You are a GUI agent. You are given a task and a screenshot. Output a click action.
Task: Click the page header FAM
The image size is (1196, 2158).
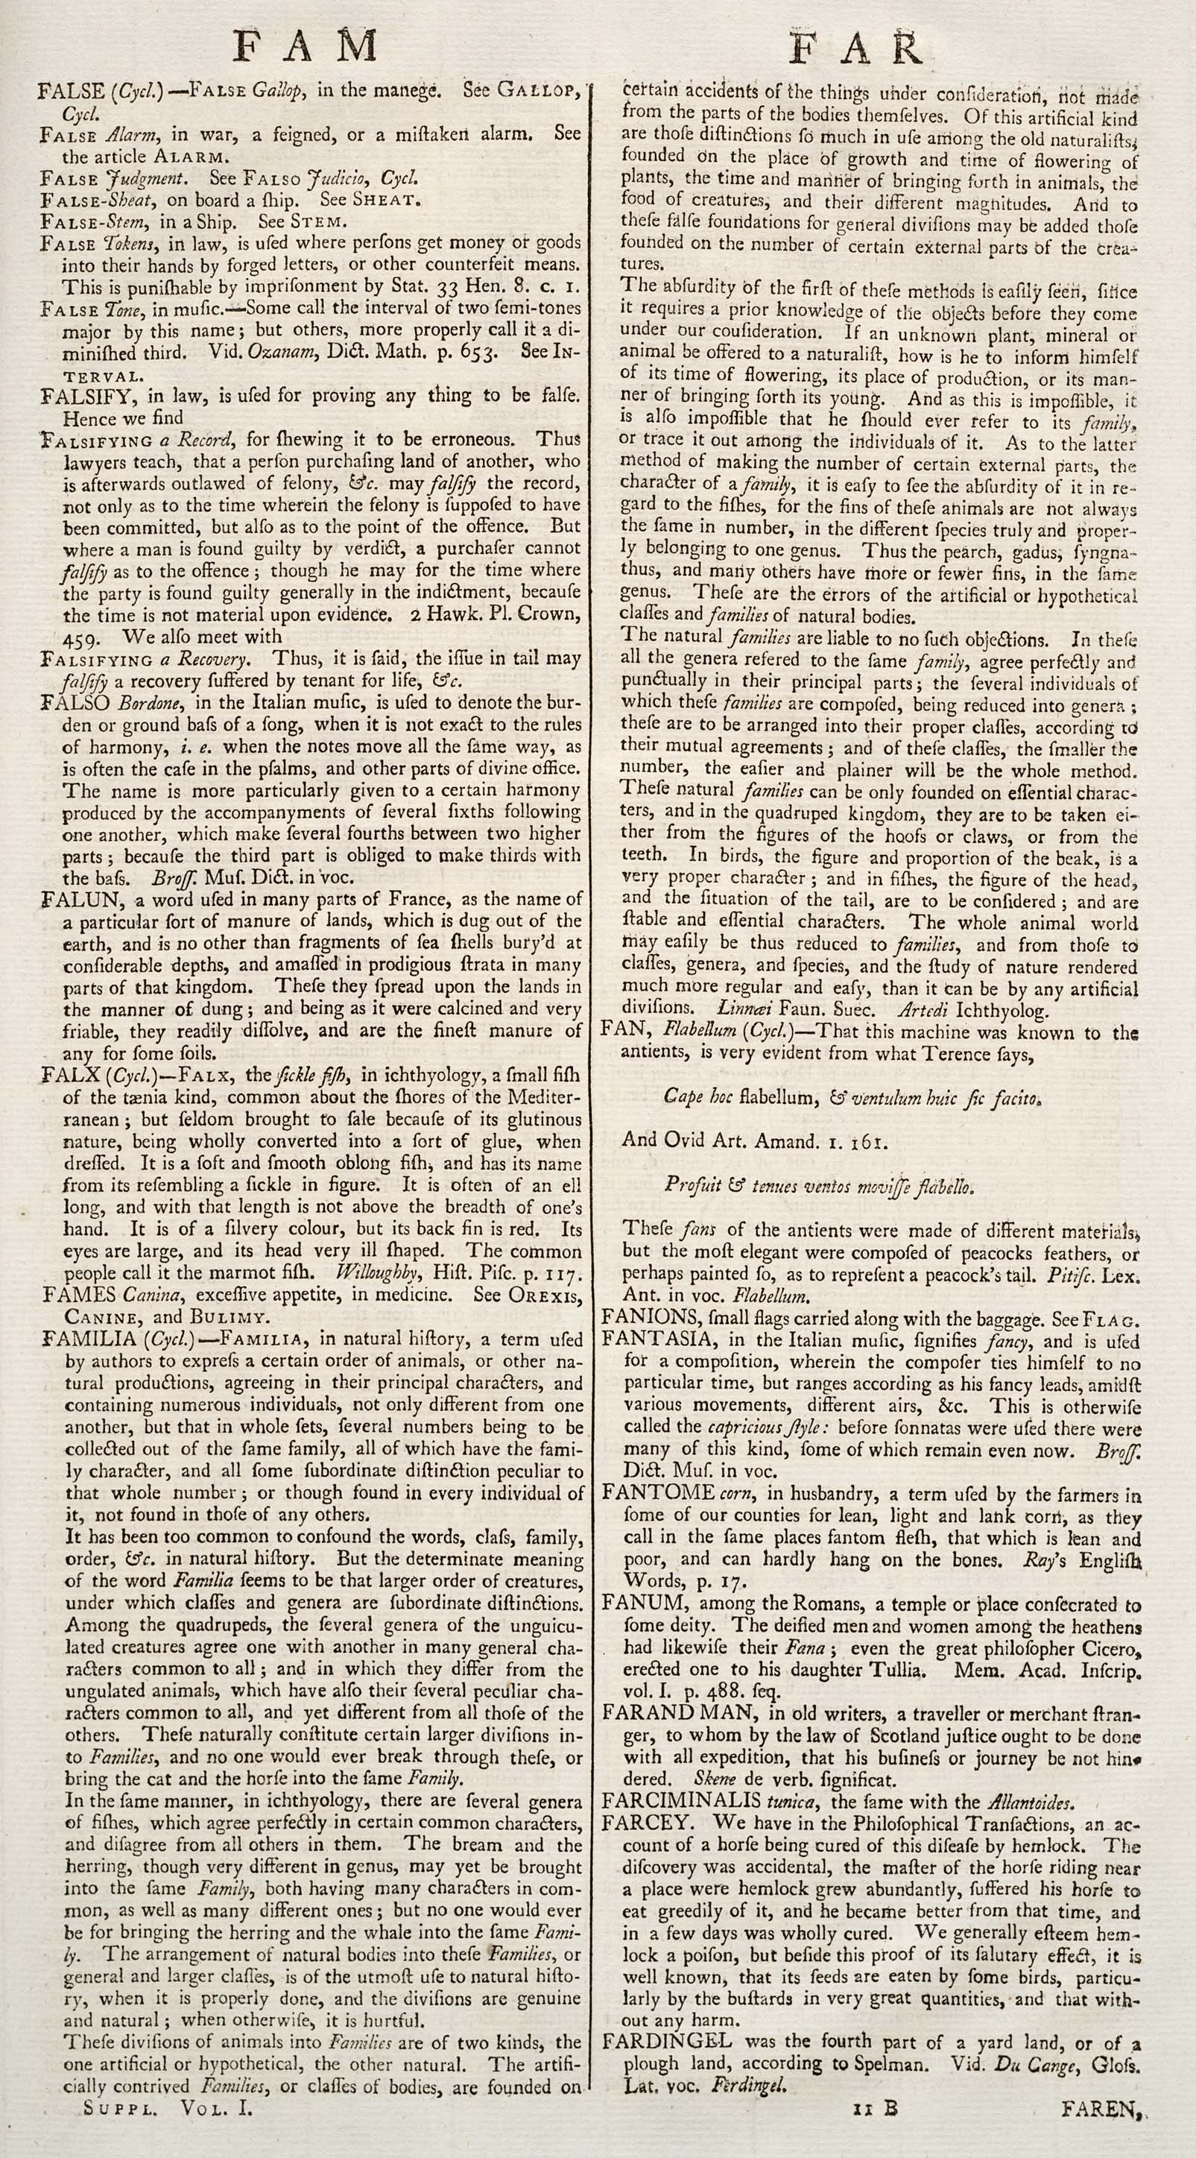click(305, 46)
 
